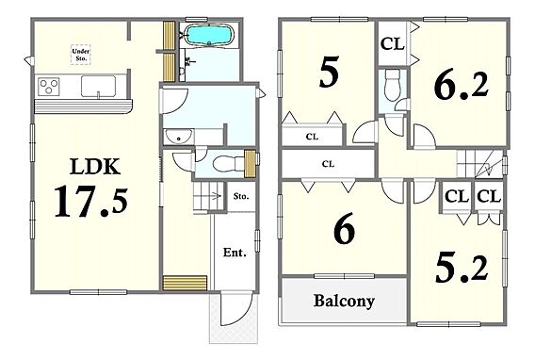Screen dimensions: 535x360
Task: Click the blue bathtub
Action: click(x=209, y=35)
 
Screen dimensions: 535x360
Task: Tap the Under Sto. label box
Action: click(x=81, y=55)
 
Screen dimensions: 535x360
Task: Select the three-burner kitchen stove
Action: click(x=49, y=86)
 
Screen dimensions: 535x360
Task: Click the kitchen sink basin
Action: click(x=98, y=87)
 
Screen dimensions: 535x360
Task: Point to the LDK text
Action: click(x=95, y=167)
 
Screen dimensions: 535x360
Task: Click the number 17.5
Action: click(x=91, y=202)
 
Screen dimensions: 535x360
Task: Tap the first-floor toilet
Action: click(x=224, y=163)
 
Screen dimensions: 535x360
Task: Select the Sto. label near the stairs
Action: click(x=241, y=197)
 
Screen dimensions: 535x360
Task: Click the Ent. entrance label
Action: click(x=235, y=253)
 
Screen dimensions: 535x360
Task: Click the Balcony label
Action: click(x=344, y=301)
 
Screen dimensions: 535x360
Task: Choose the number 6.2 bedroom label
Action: click(x=462, y=86)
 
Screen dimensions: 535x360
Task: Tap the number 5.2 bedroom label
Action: click(x=462, y=270)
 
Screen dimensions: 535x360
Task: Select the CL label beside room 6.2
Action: click(x=393, y=43)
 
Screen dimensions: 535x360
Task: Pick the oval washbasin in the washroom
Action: click(x=179, y=136)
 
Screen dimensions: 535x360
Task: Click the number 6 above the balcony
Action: click(x=344, y=229)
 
